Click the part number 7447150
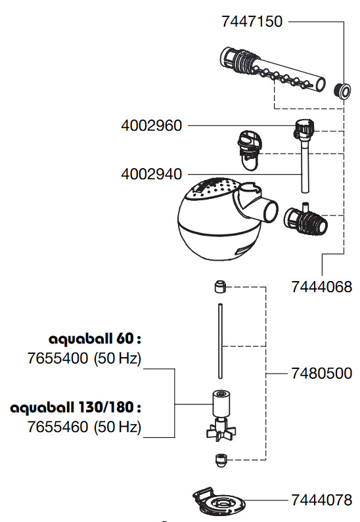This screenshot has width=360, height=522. pyautogui.click(x=252, y=22)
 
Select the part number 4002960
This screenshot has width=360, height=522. pyautogui.click(x=152, y=126)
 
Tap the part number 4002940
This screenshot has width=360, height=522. pyautogui.click(x=152, y=175)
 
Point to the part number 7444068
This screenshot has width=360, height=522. pyautogui.click(x=322, y=287)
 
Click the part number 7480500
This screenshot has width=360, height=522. pyautogui.click(x=322, y=374)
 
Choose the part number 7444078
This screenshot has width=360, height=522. pyautogui.click(x=322, y=500)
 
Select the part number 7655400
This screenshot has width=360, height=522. pyautogui.click(x=58, y=359)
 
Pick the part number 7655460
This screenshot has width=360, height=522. pyautogui.click(x=58, y=427)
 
